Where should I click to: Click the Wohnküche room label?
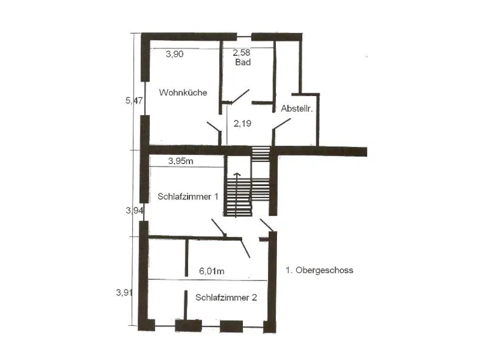point(183,92)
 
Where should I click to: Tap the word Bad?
point(243,62)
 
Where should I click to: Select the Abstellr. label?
point(297,109)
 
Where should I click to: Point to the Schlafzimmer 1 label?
point(188,196)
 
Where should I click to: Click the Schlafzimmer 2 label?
point(226,298)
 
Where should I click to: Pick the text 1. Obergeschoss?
point(320,270)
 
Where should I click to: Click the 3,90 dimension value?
point(175,54)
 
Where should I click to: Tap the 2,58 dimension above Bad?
point(241,52)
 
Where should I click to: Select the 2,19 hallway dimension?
point(243,123)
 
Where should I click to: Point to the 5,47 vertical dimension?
point(134,100)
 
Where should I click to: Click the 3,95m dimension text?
point(181,161)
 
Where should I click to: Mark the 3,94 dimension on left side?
point(135,210)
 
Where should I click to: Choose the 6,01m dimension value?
point(212,270)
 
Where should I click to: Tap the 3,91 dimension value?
point(125,292)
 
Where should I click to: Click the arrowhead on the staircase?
point(237,175)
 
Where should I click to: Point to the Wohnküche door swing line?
point(213,126)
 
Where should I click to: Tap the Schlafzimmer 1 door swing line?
point(218,227)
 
